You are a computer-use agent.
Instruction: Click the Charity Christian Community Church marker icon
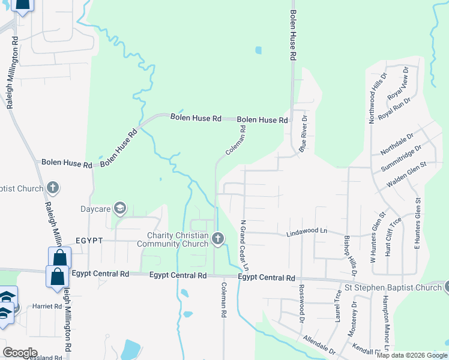(x=217, y=239)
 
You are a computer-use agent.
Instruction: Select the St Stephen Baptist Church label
(x=392, y=288)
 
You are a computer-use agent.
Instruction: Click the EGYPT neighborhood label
(x=90, y=240)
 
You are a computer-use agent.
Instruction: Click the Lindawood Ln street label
(x=307, y=231)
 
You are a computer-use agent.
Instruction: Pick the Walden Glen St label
(x=406, y=173)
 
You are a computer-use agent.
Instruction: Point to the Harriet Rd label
(x=50, y=307)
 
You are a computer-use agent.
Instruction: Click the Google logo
(x=20, y=353)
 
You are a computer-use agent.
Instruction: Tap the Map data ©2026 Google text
(x=412, y=355)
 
